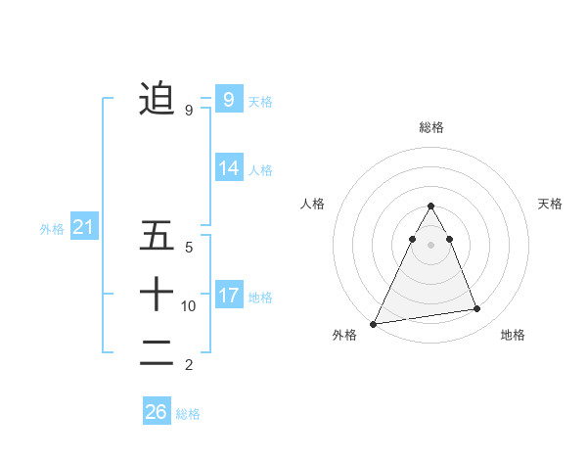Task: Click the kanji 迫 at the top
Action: pos(157,98)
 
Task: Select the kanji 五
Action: pos(157,236)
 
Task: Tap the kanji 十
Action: pos(157,294)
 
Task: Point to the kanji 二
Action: pos(157,353)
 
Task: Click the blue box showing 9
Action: pos(228,99)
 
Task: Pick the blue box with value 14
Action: pos(228,168)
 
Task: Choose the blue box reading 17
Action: pos(228,296)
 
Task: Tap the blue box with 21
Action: pos(84,228)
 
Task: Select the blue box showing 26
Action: pos(156,412)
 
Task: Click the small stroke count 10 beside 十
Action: pos(189,306)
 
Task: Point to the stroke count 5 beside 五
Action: pos(189,248)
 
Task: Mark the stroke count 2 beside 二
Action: pos(189,365)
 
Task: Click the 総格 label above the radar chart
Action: pos(430,127)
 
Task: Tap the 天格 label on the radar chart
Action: pos(550,204)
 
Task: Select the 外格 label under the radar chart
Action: pos(344,336)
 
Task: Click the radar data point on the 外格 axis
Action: pos(373,323)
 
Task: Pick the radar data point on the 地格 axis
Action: pos(477,309)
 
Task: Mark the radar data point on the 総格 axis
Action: pos(430,207)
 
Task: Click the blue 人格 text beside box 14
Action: pos(260,170)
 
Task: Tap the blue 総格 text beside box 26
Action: pos(188,414)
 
